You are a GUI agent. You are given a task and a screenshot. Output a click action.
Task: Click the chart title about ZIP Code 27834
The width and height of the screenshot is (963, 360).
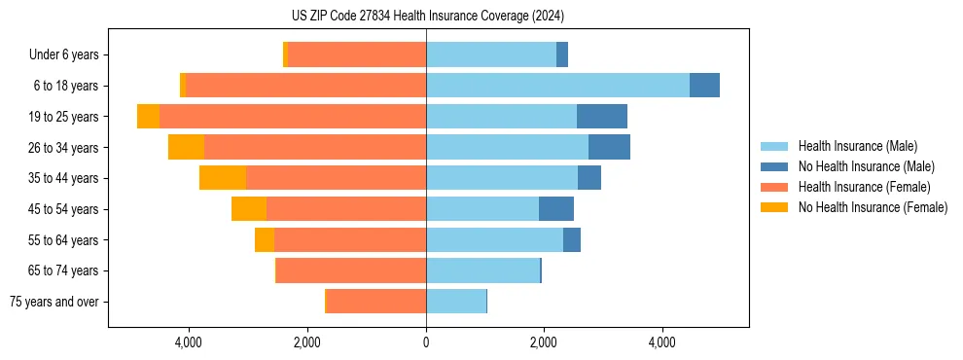tap(427, 17)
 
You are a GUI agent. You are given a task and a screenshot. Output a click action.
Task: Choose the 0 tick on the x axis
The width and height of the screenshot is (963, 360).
tap(426, 342)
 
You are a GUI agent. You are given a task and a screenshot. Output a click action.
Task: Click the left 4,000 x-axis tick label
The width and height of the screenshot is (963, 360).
tap(189, 342)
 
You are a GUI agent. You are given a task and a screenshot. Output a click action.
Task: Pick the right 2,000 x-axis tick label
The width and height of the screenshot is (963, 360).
tap(544, 342)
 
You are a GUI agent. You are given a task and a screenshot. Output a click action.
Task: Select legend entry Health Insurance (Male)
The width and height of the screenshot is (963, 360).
tap(857, 146)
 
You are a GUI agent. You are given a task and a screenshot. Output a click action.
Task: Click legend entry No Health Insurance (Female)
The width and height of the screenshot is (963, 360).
tap(873, 207)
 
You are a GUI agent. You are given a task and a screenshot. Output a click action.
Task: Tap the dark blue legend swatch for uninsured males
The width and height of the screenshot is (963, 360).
tap(775, 166)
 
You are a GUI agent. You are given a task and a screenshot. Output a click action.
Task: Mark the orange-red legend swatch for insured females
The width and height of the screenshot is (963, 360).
tap(775, 187)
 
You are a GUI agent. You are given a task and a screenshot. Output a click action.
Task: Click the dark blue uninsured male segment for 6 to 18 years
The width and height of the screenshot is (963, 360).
tap(704, 86)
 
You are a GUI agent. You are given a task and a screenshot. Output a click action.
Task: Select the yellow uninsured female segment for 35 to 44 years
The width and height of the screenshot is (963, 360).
tap(223, 178)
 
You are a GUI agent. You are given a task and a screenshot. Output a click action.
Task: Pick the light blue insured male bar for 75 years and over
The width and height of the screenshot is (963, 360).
tap(456, 302)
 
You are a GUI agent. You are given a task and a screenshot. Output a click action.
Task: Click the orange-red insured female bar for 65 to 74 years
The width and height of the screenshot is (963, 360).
tap(351, 270)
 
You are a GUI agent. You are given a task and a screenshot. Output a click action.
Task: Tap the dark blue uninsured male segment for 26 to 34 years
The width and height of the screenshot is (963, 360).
tap(609, 147)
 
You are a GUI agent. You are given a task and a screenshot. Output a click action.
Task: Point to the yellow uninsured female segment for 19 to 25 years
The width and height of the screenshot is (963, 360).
tap(148, 117)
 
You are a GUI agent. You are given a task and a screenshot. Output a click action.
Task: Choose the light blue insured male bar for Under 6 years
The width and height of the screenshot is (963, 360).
tap(491, 54)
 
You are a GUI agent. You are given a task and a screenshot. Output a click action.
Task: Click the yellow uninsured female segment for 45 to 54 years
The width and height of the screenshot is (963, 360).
tap(249, 209)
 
